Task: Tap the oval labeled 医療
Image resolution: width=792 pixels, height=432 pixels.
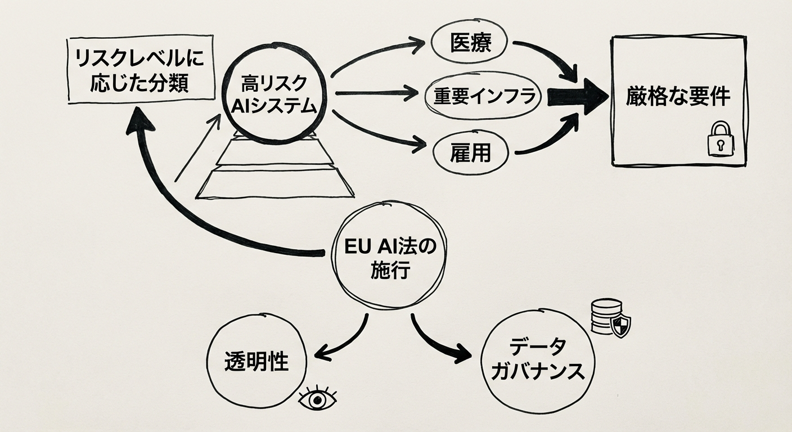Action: [470, 43]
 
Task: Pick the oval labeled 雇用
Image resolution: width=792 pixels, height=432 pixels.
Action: [470, 152]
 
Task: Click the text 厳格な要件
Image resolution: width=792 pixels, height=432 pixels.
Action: [678, 97]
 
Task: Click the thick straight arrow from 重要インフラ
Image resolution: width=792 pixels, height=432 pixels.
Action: [577, 96]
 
